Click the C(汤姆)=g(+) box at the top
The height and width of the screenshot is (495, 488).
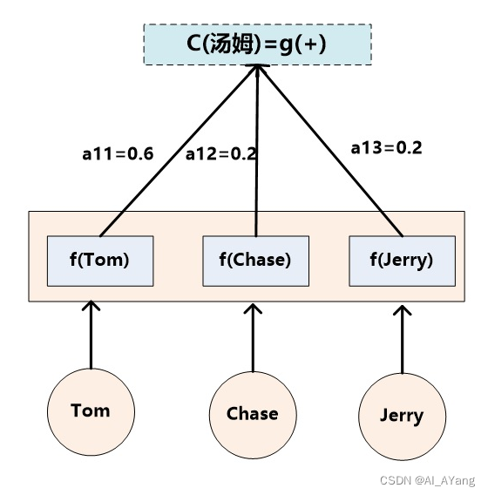point(257,44)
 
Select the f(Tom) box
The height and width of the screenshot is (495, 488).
point(99,260)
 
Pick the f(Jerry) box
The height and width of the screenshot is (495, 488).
point(402,260)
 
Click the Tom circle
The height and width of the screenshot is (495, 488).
point(91,410)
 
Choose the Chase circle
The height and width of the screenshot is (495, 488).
point(253,414)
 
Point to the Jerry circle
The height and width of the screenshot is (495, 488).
point(402,416)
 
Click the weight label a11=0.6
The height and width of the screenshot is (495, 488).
point(118,154)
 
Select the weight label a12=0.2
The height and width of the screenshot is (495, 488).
point(220,154)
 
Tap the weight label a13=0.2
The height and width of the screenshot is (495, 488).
point(386,147)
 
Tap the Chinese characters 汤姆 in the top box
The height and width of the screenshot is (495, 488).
point(234,44)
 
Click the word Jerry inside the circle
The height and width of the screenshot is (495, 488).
point(402,416)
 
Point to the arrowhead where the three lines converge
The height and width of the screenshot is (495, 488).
point(257,71)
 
